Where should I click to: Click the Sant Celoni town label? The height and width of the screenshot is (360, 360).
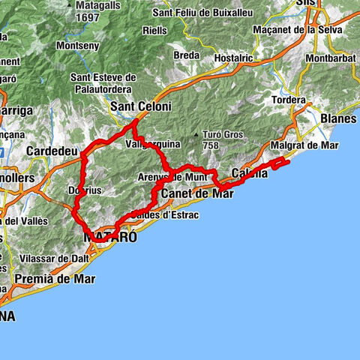(141, 107)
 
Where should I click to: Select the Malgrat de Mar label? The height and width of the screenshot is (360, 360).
(303, 145)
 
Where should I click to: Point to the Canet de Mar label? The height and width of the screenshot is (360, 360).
(197, 193)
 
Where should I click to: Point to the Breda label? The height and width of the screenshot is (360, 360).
(186, 55)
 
